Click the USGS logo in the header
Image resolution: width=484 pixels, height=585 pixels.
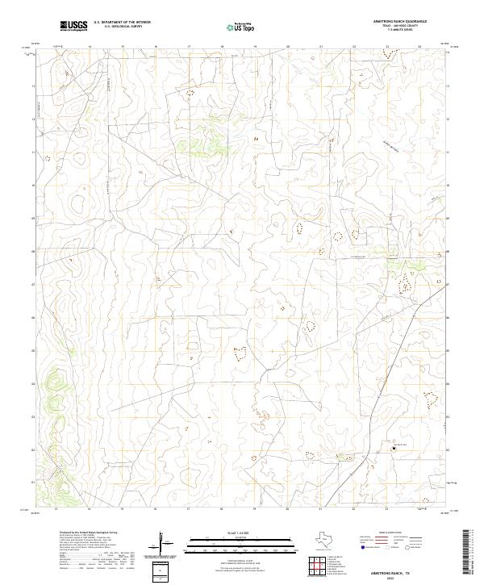(x=73, y=26)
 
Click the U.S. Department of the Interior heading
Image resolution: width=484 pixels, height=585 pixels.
(x=122, y=23)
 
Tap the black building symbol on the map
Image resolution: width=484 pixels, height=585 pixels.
(x=394, y=447)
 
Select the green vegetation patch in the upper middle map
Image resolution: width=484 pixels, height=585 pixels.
(x=205, y=146)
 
